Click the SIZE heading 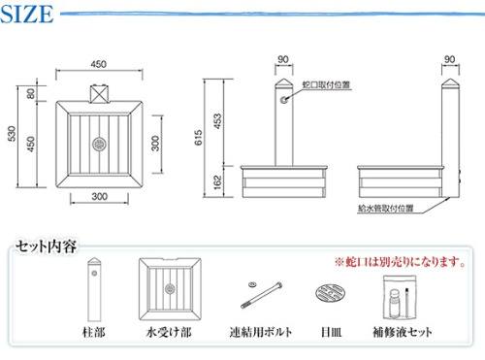[x=27, y=15]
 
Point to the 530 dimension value [x=12, y=133]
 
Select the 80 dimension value [x=31, y=94]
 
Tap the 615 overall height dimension [x=199, y=137]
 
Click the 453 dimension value [x=218, y=121]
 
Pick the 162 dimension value [x=218, y=181]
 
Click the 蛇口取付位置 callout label [x=326, y=84]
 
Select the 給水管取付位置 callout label [x=386, y=209]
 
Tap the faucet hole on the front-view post [x=284, y=100]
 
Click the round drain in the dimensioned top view [x=99, y=144]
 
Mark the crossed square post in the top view [x=99, y=94]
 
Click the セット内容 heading [x=47, y=246]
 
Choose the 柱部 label [x=94, y=332]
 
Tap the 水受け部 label [x=169, y=332]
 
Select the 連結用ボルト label [x=261, y=332]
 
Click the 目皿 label [x=331, y=332]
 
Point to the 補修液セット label [x=403, y=332]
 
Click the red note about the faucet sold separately [x=401, y=262]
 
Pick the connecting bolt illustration [x=261, y=295]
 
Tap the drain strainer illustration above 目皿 [x=330, y=293]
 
